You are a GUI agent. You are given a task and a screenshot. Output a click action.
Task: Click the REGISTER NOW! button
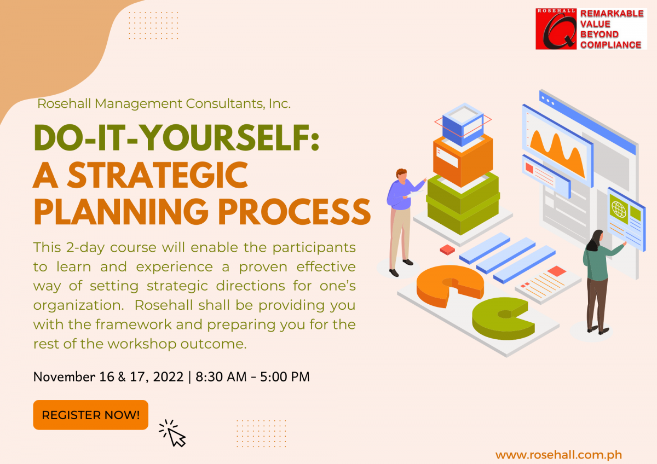coord(90,415)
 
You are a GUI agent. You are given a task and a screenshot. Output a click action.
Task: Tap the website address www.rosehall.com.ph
coord(558,455)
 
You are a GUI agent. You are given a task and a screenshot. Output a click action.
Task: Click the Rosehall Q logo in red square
coord(556,29)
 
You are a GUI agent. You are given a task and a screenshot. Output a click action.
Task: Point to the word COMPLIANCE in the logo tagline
coord(610,45)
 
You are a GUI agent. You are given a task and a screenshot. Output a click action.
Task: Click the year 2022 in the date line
coord(168,377)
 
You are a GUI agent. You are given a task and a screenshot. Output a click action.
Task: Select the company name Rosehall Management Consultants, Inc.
coord(164,103)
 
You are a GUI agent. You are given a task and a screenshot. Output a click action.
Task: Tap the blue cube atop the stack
coord(463,123)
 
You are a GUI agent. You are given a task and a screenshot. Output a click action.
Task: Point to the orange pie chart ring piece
coord(449,285)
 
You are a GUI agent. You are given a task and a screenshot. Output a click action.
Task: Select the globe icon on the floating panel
coord(619,208)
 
